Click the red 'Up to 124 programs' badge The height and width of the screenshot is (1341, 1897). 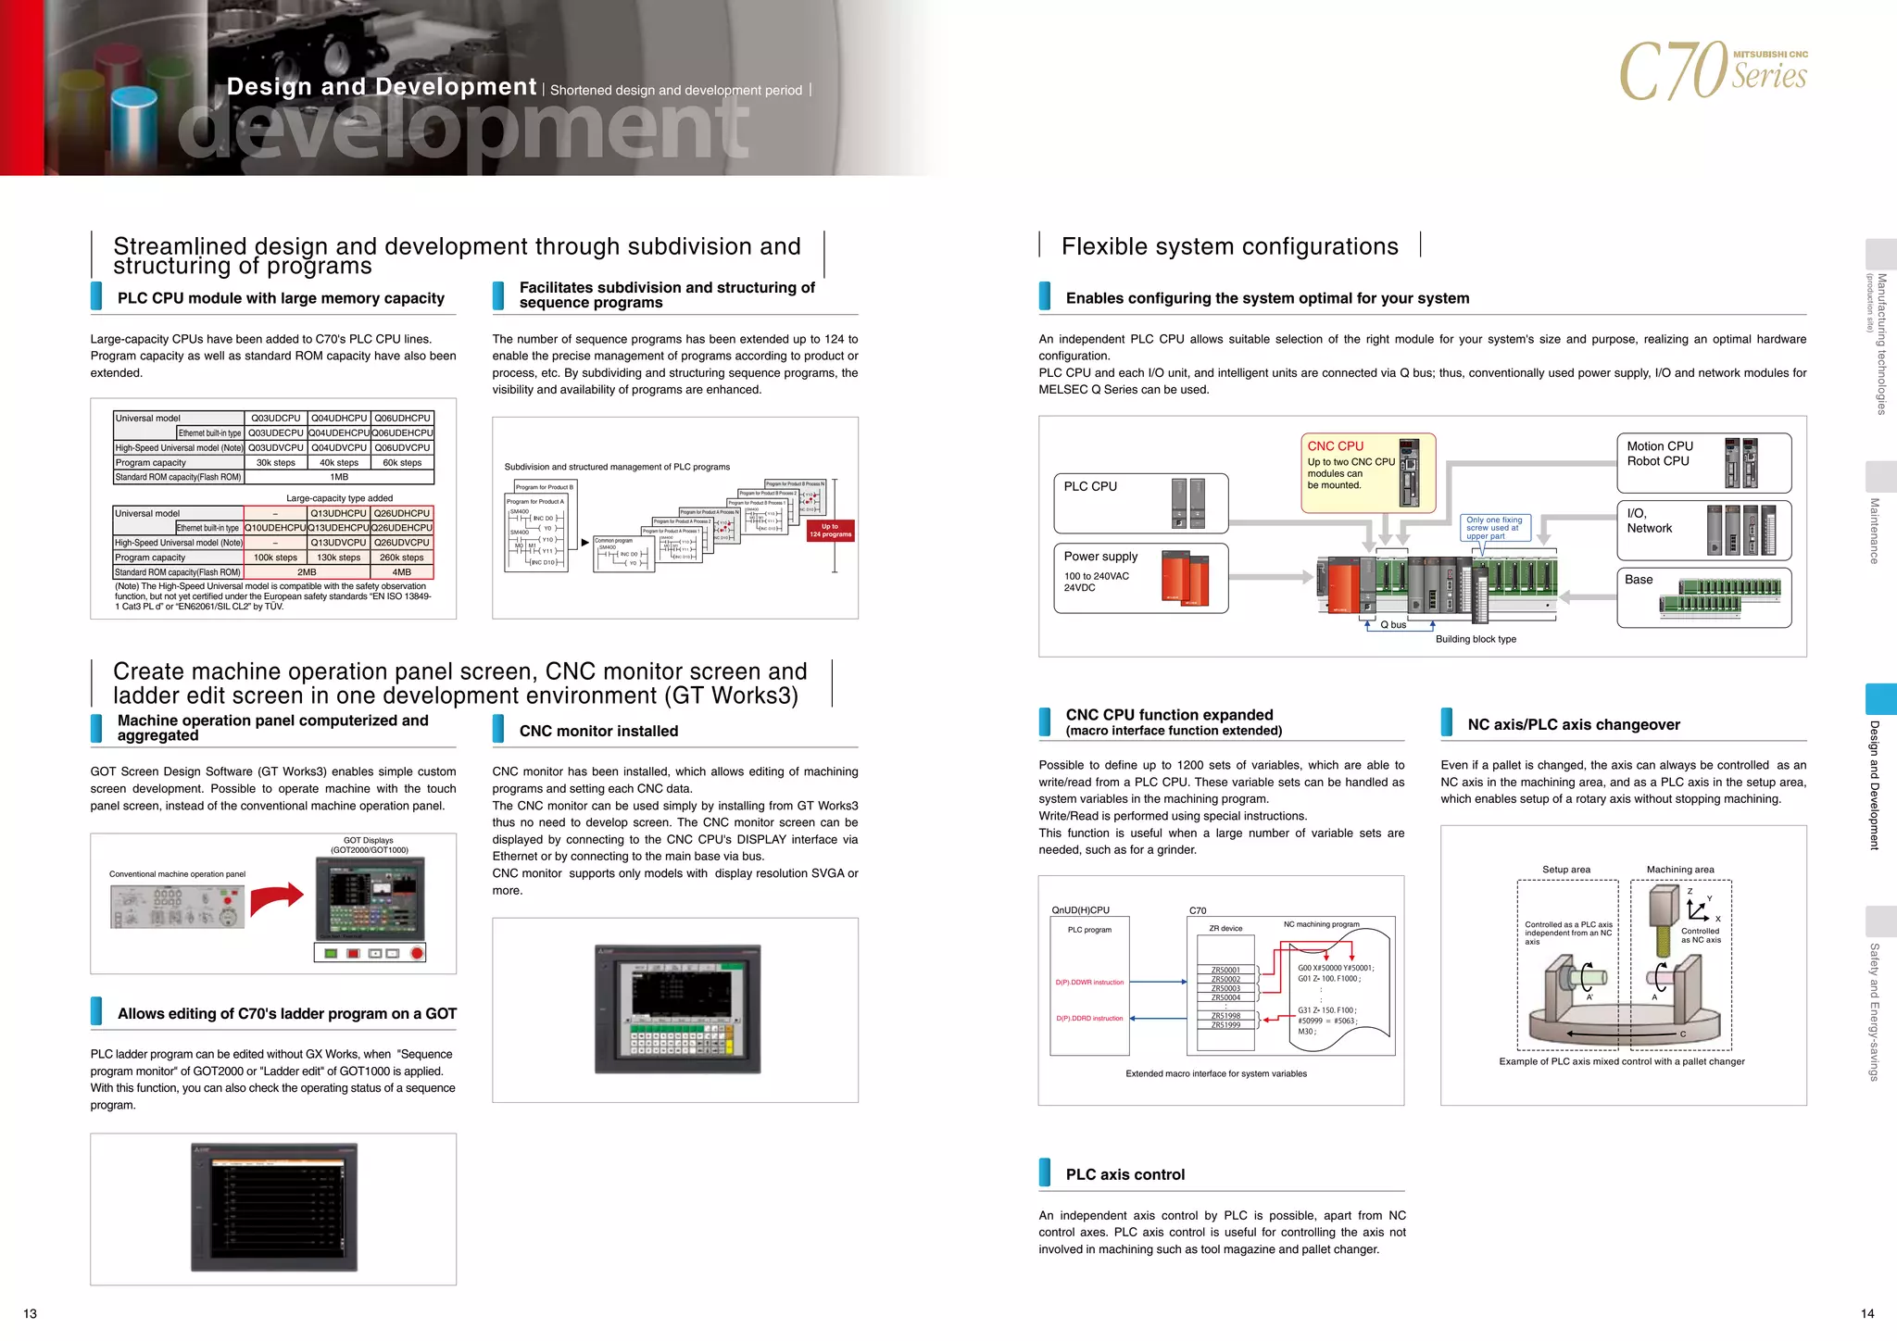tap(830, 531)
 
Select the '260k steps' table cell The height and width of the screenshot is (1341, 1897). tap(401, 558)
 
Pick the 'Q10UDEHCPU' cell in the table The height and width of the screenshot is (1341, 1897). tap(275, 528)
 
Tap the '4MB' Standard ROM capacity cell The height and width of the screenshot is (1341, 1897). tap(401, 572)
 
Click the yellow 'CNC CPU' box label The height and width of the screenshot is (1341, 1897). tap(1335, 446)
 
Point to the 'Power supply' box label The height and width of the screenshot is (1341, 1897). tap(1100, 557)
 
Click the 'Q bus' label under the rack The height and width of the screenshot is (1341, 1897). tap(1392, 625)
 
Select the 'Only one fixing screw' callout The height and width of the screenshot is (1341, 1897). tap(1493, 528)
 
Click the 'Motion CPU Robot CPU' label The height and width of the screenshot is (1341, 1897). tap(1659, 454)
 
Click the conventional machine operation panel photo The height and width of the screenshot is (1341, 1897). tap(177, 907)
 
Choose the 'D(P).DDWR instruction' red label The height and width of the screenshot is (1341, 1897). tap(1089, 983)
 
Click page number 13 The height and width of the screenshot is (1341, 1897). tap(31, 1313)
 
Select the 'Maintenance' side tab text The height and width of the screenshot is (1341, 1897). tap(1874, 531)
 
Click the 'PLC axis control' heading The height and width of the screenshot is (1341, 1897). tap(1124, 1174)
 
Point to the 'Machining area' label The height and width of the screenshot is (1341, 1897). tap(1679, 870)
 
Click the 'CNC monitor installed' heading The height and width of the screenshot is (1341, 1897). tap(598, 731)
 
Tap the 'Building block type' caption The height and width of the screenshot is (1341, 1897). tap(1475, 639)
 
